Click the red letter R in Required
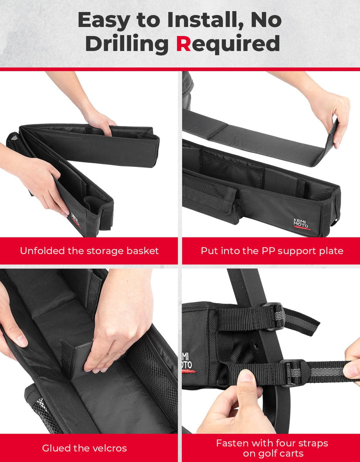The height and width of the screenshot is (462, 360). [183, 43]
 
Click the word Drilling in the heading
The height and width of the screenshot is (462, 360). [127, 44]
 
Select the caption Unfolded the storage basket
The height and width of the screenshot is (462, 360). [89, 250]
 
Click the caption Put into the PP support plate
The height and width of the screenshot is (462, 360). [272, 250]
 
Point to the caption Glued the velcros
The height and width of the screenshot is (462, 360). [84, 448]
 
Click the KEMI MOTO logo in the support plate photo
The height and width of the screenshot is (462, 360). [301, 223]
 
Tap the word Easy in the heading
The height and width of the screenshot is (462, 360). [104, 20]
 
